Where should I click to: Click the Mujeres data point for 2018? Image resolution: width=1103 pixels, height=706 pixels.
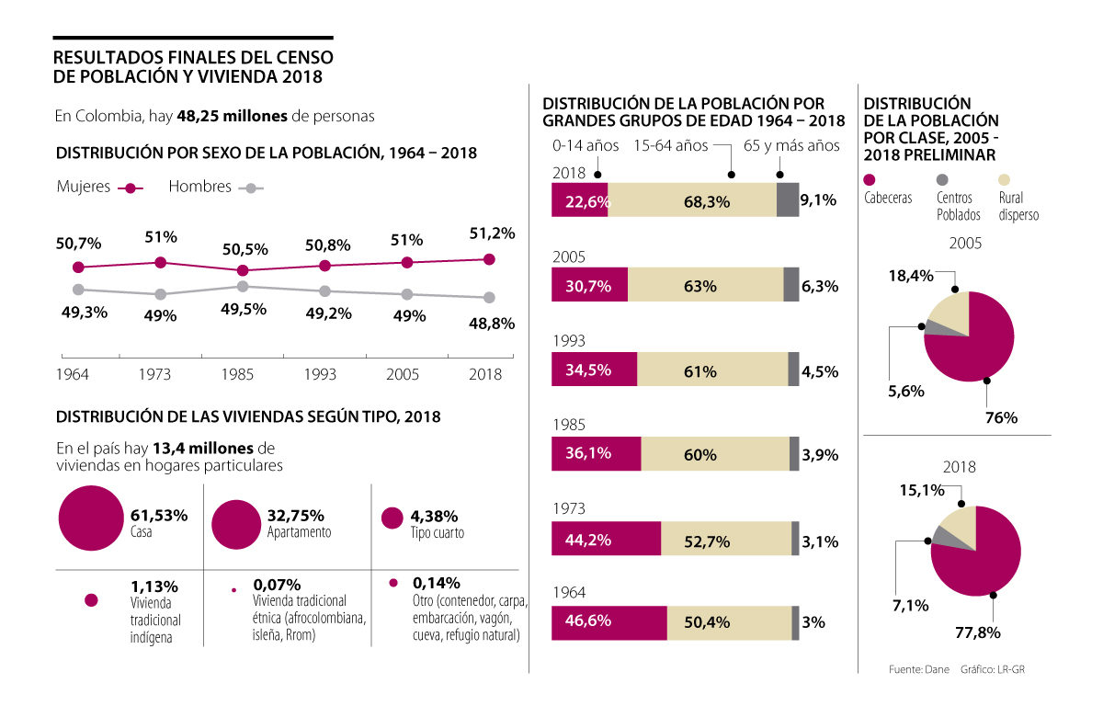[x=489, y=259]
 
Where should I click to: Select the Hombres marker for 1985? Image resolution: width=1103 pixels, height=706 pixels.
[x=242, y=287]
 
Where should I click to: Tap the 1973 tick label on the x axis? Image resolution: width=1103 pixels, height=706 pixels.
[x=154, y=374]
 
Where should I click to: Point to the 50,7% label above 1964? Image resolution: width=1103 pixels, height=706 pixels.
[x=78, y=244]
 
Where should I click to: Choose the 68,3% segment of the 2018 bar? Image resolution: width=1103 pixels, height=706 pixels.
[x=692, y=200]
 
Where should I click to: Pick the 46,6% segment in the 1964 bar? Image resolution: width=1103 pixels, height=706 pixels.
[x=608, y=623]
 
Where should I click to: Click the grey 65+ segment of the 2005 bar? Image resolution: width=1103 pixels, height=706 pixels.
[x=790, y=286]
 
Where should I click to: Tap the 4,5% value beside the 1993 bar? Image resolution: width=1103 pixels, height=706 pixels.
[x=819, y=371]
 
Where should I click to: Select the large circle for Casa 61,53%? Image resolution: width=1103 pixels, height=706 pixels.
[x=90, y=518]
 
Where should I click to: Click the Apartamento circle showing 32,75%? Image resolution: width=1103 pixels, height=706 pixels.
[x=236, y=524]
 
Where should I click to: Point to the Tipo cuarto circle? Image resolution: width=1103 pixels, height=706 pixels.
[x=392, y=518]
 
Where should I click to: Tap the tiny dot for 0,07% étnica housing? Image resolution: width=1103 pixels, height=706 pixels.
[x=233, y=588]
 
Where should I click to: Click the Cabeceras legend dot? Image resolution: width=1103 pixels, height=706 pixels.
[x=870, y=180]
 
